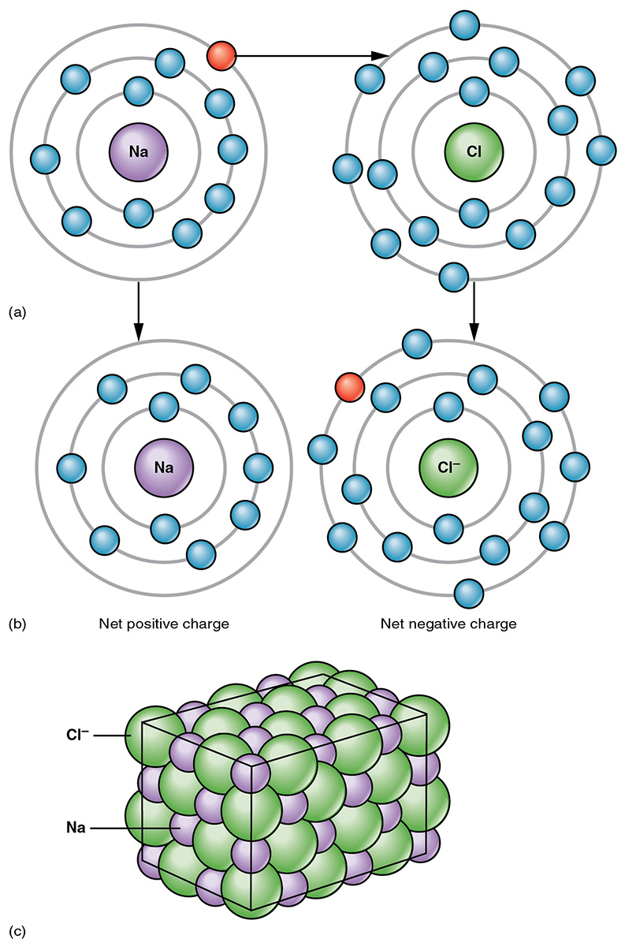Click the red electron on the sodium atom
[221, 55]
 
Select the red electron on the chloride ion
[348, 388]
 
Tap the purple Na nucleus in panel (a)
[138, 150]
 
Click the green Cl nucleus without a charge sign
[474, 151]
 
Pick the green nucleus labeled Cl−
[448, 467]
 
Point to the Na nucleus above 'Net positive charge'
[164, 467]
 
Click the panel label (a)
[17, 313]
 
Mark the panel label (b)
[17, 624]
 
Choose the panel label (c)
[17, 932]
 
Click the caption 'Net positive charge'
[164, 624]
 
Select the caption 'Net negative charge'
[448, 624]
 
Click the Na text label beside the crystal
[76, 829]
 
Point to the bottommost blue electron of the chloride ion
[469, 591]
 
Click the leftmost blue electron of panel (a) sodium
[44, 158]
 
